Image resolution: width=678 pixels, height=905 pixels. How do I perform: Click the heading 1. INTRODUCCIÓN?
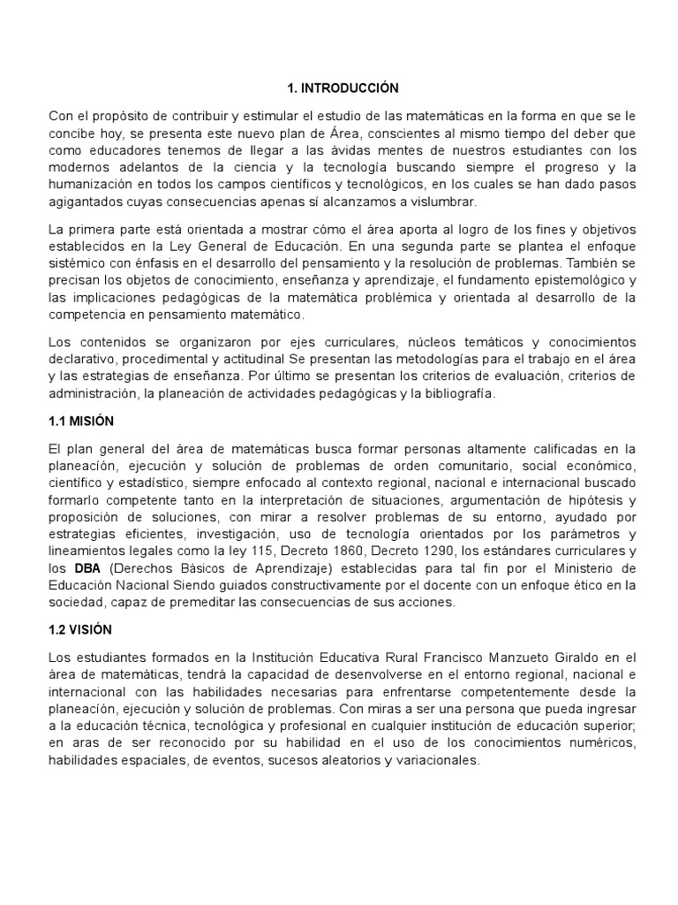[x=343, y=88]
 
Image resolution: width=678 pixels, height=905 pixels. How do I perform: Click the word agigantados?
[x=87, y=201]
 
